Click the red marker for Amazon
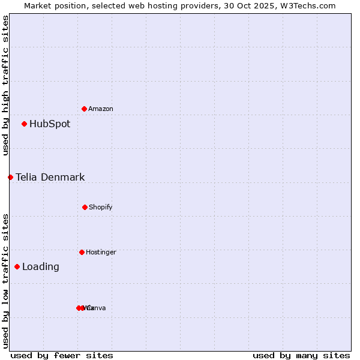click(x=84, y=109)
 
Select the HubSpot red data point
click(x=24, y=124)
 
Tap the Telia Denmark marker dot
click(x=10, y=177)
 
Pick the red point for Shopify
click(x=85, y=207)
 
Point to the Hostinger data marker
click(x=82, y=252)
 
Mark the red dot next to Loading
click(x=17, y=266)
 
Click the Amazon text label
click(x=101, y=109)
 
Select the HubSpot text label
click(x=50, y=124)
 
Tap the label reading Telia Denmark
click(x=50, y=178)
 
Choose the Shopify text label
click(x=101, y=207)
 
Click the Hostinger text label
click(x=101, y=252)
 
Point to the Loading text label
click(x=41, y=267)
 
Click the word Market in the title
click(x=38, y=5)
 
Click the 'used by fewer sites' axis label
click(x=62, y=355)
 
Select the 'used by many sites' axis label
click(x=301, y=355)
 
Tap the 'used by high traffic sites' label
click(x=5, y=85)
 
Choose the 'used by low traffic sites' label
click(x=5, y=281)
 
